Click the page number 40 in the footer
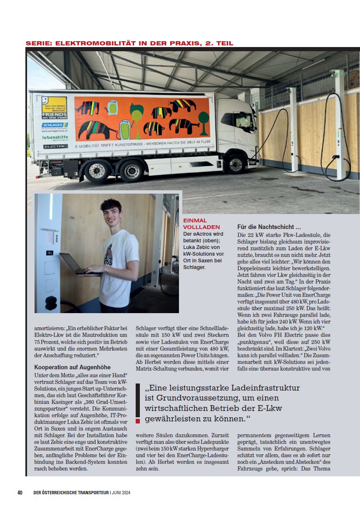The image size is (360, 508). point(20,493)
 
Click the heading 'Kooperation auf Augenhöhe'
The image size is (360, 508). point(72,367)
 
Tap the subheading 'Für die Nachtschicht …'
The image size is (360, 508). point(269,227)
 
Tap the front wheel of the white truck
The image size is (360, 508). point(236,164)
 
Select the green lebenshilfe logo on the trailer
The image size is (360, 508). point(55,137)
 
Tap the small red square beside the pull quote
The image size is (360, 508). point(138,421)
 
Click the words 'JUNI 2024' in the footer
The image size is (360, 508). point(122,493)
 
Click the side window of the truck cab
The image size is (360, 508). point(244,120)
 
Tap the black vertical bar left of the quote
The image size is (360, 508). point(138,400)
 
